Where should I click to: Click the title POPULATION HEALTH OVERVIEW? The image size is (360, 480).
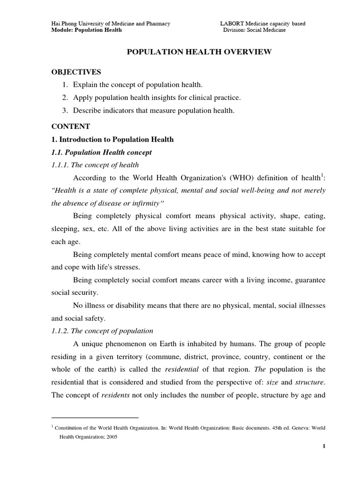click(x=200, y=52)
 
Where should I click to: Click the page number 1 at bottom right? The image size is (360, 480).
click(x=323, y=446)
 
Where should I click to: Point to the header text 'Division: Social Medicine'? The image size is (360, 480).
click(x=254, y=30)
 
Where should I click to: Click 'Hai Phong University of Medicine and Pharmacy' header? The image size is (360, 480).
click(x=110, y=23)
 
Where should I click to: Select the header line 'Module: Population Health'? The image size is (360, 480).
click(x=86, y=30)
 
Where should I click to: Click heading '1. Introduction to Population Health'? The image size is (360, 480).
click(x=112, y=140)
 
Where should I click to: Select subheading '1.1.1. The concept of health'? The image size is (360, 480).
click(x=95, y=165)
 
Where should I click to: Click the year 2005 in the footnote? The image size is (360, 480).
click(x=111, y=436)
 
